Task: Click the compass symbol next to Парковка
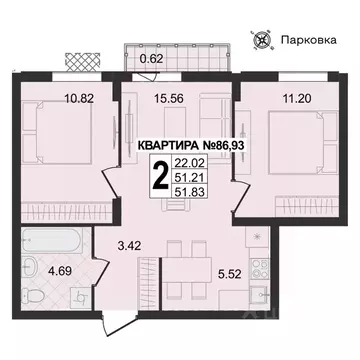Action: [265, 41]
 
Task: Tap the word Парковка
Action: [308, 42]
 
